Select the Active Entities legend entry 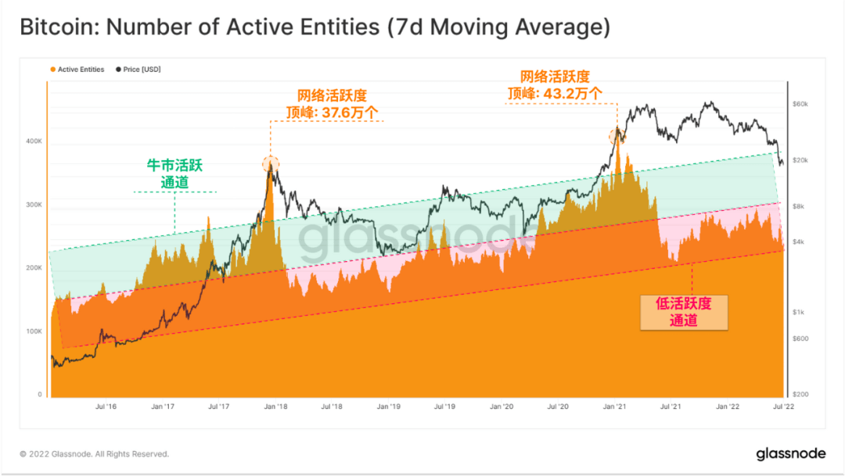[x=77, y=70]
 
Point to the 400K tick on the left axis [x=34, y=141]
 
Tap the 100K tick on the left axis [x=34, y=331]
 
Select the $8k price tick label [x=797, y=206]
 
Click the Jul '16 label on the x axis [x=106, y=407]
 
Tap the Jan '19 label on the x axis [x=389, y=407]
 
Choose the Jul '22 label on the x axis [x=783, y=407]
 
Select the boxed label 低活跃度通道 [x=684, y=311]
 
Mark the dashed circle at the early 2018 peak [x=271, y=164]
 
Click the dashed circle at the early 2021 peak [x=617, y=137]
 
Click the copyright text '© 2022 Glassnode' [x=94, y=454]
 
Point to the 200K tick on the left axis [x=34, y=268]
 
